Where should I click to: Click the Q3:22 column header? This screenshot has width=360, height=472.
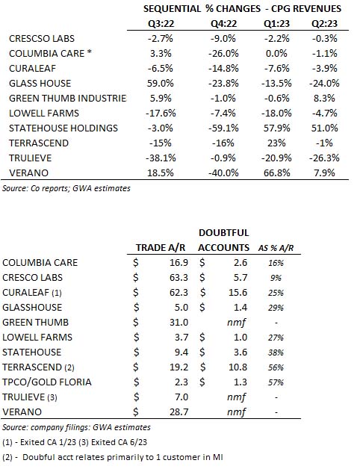coord(161,23)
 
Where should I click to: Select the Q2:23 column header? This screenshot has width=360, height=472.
coord(324,23)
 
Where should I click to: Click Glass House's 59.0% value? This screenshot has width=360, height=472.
coord(160,83)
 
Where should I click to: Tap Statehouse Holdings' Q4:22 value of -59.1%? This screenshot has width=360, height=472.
coord(223,128)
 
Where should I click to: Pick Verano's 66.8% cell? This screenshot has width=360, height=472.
coord(276,173)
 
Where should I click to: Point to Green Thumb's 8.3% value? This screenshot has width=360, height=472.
coord(324,98)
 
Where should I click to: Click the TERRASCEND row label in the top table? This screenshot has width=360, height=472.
coord(39,143)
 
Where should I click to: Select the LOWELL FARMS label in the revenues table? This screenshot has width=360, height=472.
coord(44,114)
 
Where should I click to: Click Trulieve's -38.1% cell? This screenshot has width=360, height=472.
coord(161,158)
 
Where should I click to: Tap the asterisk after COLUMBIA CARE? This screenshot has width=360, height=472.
coord(89,52)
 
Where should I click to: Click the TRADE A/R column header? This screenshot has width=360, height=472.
coord(160,247)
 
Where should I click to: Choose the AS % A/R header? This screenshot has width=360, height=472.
coord(276,248)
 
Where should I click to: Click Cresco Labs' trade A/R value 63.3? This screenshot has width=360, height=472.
coord(179,277)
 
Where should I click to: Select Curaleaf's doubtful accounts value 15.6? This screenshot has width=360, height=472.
coord(238,292)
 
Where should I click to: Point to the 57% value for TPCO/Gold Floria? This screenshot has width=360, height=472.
coord(276,382)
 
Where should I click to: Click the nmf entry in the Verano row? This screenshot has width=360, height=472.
coord(236,412)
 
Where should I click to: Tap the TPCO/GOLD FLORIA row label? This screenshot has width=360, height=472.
coord(46,382)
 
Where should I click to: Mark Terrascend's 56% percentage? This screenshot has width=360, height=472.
coord(276,367)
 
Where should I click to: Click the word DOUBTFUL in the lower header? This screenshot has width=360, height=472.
coord(223,233)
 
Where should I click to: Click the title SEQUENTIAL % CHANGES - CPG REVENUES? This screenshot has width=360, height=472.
coord(242,9)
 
